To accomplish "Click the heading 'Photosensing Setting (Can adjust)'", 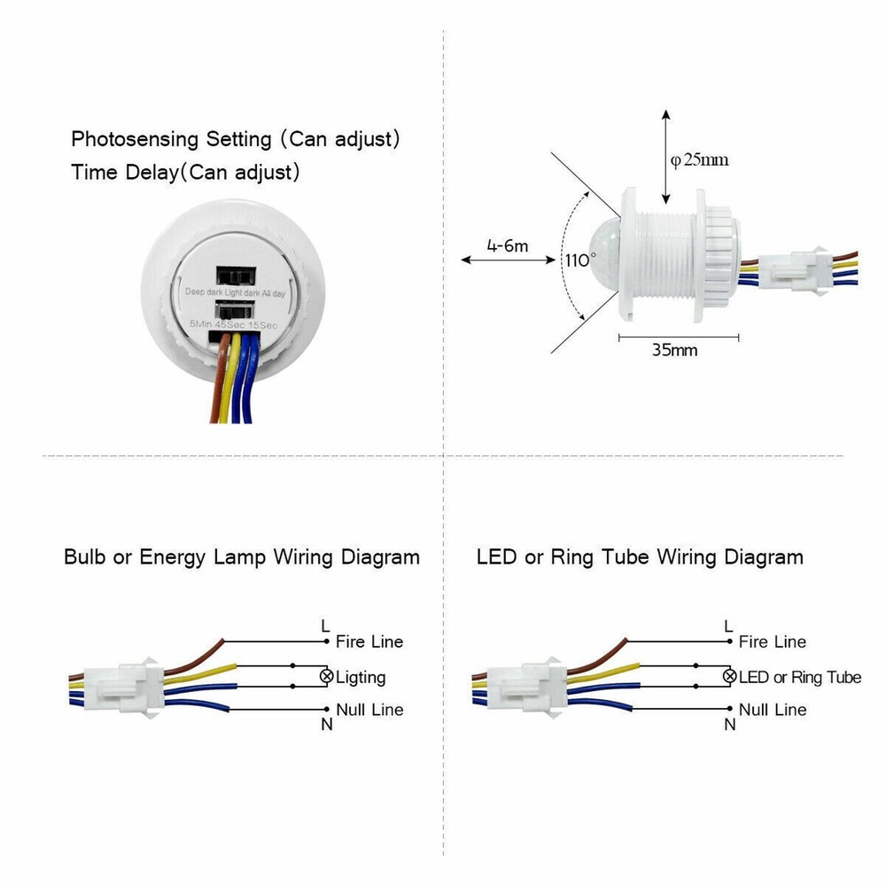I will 237,139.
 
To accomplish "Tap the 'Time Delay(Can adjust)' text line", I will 185,172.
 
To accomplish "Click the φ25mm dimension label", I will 699,159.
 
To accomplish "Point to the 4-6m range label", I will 507,245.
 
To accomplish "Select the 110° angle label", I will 580,260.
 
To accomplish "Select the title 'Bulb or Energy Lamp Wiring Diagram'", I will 242,557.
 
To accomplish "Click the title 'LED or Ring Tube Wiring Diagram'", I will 640,557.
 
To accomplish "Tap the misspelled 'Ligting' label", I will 361,678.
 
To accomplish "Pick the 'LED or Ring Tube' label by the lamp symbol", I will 799,678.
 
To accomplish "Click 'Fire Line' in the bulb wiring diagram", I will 369,641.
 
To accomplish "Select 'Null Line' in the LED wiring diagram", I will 773,710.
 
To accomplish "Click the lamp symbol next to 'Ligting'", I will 326,677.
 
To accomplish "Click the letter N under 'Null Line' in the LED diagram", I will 730,725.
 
